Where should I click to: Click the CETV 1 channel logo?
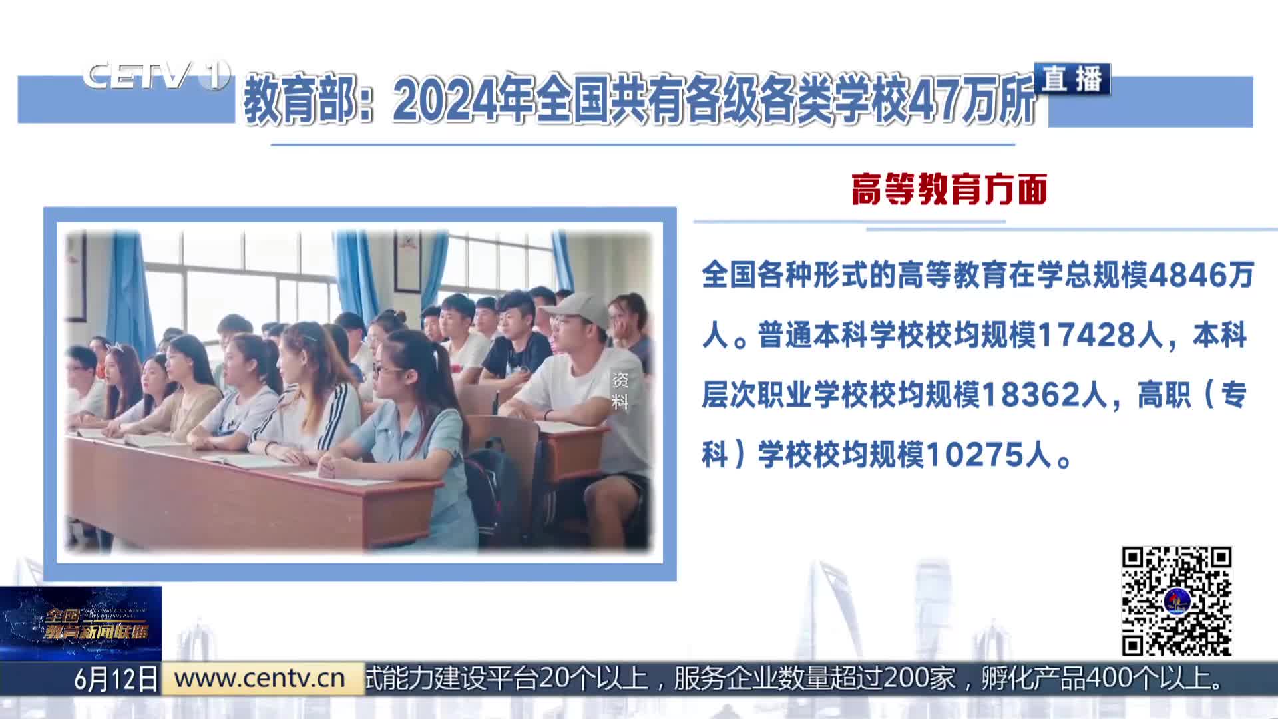[x=156, y=75]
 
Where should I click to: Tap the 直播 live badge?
[x=1072, y=79]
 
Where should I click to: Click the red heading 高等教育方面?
[x=949, y=190]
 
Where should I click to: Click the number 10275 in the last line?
[x=969, y=455]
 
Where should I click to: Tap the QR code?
[x=1177, y=601]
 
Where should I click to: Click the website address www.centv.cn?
[x=260, y=678]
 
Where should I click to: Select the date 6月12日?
[x=116, y=679]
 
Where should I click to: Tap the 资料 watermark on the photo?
[x=620, y=391]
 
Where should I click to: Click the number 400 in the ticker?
[x=1110, y=678]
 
